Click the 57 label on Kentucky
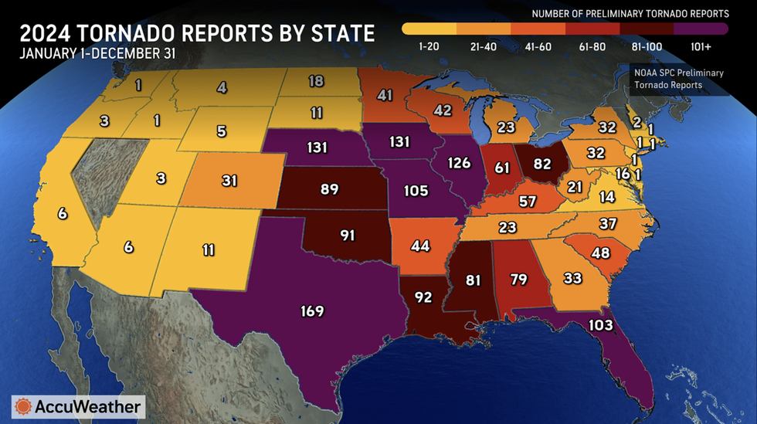point(528,202)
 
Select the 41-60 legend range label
point(539,46)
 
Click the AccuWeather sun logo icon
point(23,406)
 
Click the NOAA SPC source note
point(677,78)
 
